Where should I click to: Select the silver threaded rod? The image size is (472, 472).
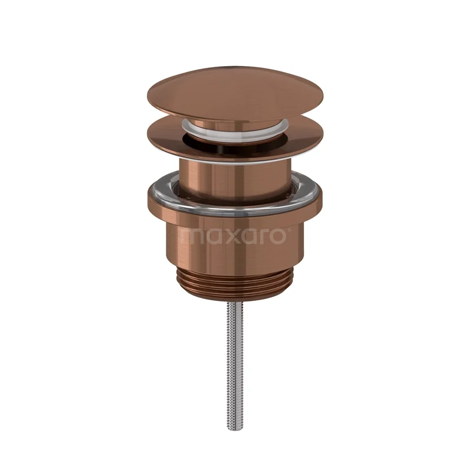click(235, 355)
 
